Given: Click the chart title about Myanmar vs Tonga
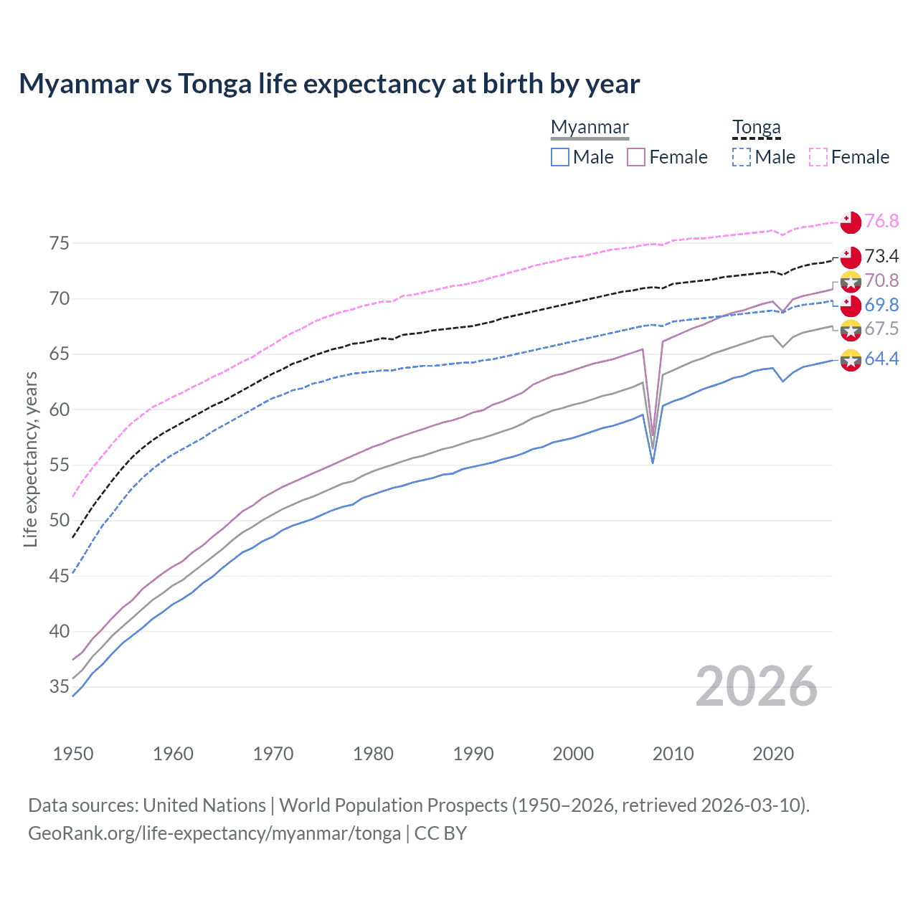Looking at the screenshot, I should pyautogui.click(x=329, y=84).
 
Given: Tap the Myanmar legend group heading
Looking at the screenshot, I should pyautogui.click(x=590, y=127).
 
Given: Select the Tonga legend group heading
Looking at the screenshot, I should pyautogui.click(x=756, y=127).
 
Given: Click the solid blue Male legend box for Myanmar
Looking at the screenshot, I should pyautogui.click(x=560, y=157).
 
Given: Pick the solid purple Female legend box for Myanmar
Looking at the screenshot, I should pyautogui.click(x=636, y=157).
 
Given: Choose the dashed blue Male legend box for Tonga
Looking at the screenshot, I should pyautogui.click(x=742, y=157).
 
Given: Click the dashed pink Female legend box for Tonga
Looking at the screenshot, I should pyautogui.click(x=818, y=157).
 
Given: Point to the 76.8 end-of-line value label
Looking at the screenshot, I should pyautogui.click(x=881, y=221).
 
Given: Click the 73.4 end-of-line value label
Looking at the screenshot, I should pyautogui.click(x=881, y=256).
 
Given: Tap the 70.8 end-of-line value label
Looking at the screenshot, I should pyautogui.click(x=881, y=280).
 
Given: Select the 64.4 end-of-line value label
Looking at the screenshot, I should pyautogui.click(x=881, y=359).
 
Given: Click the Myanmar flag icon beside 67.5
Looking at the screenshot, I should pyautogui.click(x=851, y=330).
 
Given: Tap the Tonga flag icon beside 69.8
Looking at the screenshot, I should pyautogui.click(x=851, y=306).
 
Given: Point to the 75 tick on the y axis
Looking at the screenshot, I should pyautogui.click(x=60, y=243).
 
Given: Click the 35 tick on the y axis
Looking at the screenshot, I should pyautogui.click(x=60, y=687).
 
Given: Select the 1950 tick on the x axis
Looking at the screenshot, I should pyautogui.click(x=73, y=754).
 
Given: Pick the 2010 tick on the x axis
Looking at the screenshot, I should pyautogui.click(x=673, y=754).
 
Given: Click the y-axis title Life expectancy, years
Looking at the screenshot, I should pyautogui.click(x=30, y=459).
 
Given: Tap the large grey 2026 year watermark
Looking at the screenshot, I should pyautogui.click(x=756, y=686).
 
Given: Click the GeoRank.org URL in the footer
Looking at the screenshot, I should pyautogui.click(x=214, y=833).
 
